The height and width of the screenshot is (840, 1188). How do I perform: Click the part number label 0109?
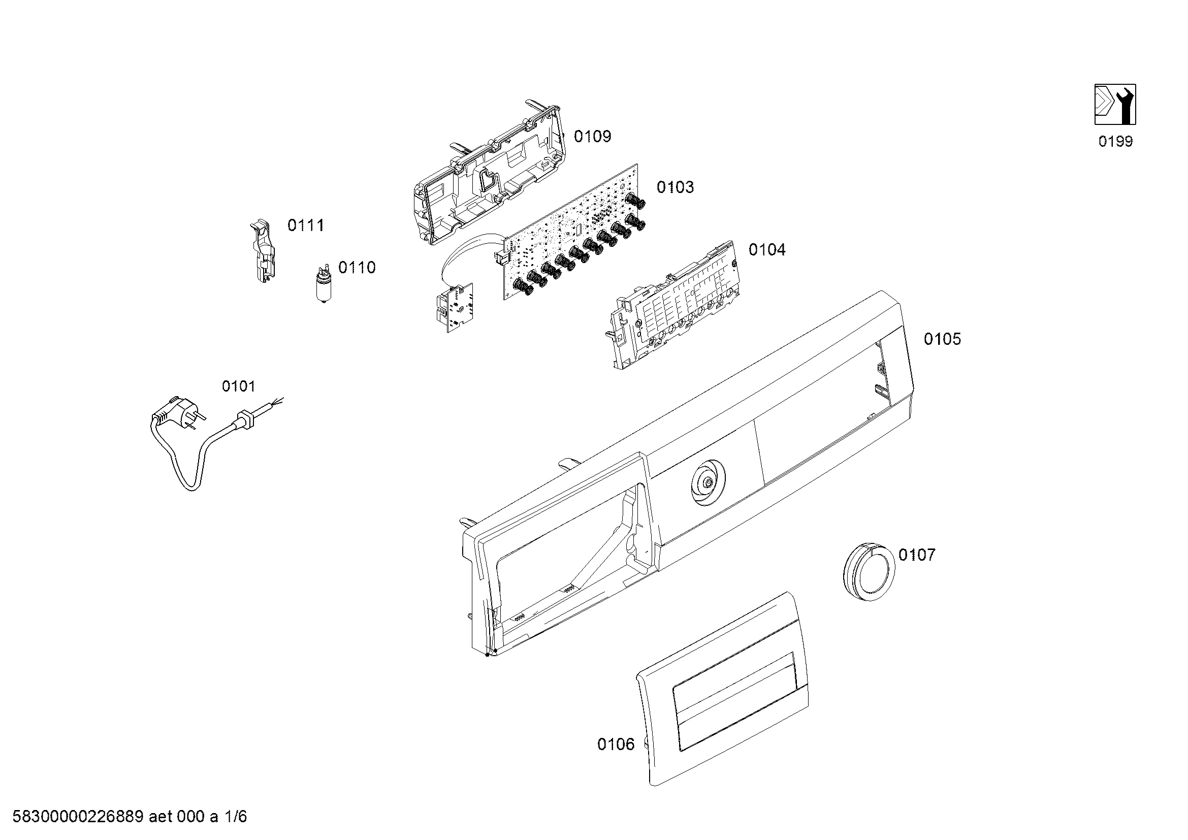[x=592, y=137]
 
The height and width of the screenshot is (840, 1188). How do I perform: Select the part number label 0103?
[x=675, y=187]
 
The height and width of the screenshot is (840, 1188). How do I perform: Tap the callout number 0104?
[x=767, y=250]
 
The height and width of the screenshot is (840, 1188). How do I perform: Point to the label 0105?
[x=942, y=339]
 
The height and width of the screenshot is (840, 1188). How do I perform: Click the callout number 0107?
[x=917, y=555]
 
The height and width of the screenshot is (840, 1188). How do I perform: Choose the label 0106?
[x=616, y=745]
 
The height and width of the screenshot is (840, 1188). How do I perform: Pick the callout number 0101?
[x=239, y=386]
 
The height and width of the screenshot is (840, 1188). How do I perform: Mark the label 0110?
[x=357, y=268]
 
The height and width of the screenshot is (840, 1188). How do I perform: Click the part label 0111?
[x=306, y=225]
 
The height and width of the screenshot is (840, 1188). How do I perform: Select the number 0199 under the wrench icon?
[x=1115, y=141]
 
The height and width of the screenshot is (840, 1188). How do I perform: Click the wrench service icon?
[x=1115, y=105]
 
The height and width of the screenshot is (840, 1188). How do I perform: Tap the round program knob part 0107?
[x=869, y=571]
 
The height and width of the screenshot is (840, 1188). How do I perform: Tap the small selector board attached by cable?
[x=454, y=308]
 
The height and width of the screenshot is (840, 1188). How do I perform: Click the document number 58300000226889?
[x=78, y=817]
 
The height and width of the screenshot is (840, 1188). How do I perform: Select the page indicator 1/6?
[x=235, y=817]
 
